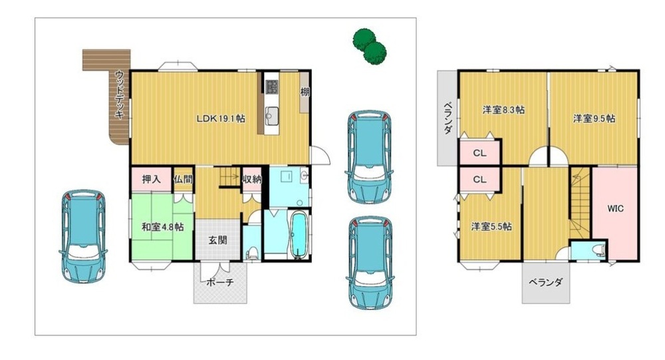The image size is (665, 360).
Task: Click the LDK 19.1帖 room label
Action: pos(221,118)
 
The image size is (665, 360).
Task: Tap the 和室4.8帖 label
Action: pos(162,227)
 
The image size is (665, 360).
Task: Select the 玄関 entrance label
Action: pos(217,240)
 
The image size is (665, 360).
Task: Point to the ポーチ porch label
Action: pos(220,282)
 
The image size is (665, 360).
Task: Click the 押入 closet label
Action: pos(152,179)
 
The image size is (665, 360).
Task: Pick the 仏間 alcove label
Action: pos(183,179)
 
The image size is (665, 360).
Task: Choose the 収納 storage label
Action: pos(252,179)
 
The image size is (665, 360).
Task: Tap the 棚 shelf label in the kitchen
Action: pos(305,92)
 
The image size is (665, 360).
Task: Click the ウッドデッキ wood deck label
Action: pos(120,94)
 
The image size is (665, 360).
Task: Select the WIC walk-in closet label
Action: pos(615,208)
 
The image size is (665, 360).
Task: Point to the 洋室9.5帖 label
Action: pos(594,118)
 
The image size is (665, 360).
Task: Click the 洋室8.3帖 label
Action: pos(503,110)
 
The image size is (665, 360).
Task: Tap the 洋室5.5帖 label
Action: pos(491,226)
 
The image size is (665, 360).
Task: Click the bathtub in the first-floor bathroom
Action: pos(299,235)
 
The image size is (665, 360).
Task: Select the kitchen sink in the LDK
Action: pos(272,114)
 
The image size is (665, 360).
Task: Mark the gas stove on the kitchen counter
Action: pos(272,87)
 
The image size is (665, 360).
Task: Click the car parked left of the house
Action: pos(83,236)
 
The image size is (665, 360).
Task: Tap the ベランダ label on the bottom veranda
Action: pos(545,282)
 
